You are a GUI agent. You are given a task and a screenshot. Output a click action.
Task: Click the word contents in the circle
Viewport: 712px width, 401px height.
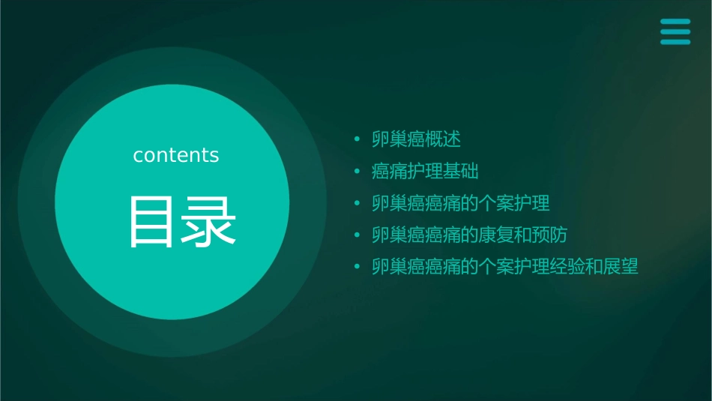(176, 155)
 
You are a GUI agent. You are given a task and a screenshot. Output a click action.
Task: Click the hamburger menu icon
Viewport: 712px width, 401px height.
(675, 31)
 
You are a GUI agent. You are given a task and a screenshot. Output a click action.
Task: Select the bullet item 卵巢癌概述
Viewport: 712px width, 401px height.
(417, 139)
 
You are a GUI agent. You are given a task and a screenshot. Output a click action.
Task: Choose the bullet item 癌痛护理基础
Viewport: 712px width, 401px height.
(425, 172)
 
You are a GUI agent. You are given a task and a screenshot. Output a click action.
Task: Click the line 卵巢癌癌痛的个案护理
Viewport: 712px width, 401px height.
(461, 203)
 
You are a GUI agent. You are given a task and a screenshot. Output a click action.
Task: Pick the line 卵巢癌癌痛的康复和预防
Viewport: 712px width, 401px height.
(470, 235)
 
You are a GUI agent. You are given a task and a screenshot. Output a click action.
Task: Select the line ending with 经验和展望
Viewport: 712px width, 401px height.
(505, 267)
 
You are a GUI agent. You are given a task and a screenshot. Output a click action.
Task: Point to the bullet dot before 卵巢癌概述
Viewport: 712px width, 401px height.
(357, 140)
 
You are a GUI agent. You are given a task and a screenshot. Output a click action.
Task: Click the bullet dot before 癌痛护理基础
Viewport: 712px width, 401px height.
(357, 172)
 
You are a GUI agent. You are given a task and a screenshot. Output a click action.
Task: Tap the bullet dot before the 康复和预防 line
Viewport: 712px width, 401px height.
(357, 235)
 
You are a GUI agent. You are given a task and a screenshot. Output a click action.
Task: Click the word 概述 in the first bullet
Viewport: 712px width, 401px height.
(443, 139)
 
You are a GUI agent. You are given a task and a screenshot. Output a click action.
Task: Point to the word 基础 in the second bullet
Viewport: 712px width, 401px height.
(461, 172)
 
